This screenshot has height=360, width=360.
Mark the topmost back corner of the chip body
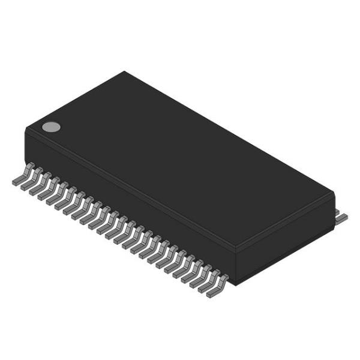click(124, 72)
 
